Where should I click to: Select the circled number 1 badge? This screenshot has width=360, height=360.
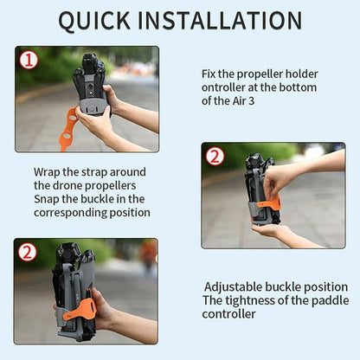click(x=29, y=60)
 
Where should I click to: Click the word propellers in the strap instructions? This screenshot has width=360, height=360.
click(x=114, y=185)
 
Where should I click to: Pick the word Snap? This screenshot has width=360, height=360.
click(x=49, y=199)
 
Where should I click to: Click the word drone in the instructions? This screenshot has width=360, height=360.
click(x=74, y=185)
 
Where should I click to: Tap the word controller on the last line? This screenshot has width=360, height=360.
click(x=229, y=313)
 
